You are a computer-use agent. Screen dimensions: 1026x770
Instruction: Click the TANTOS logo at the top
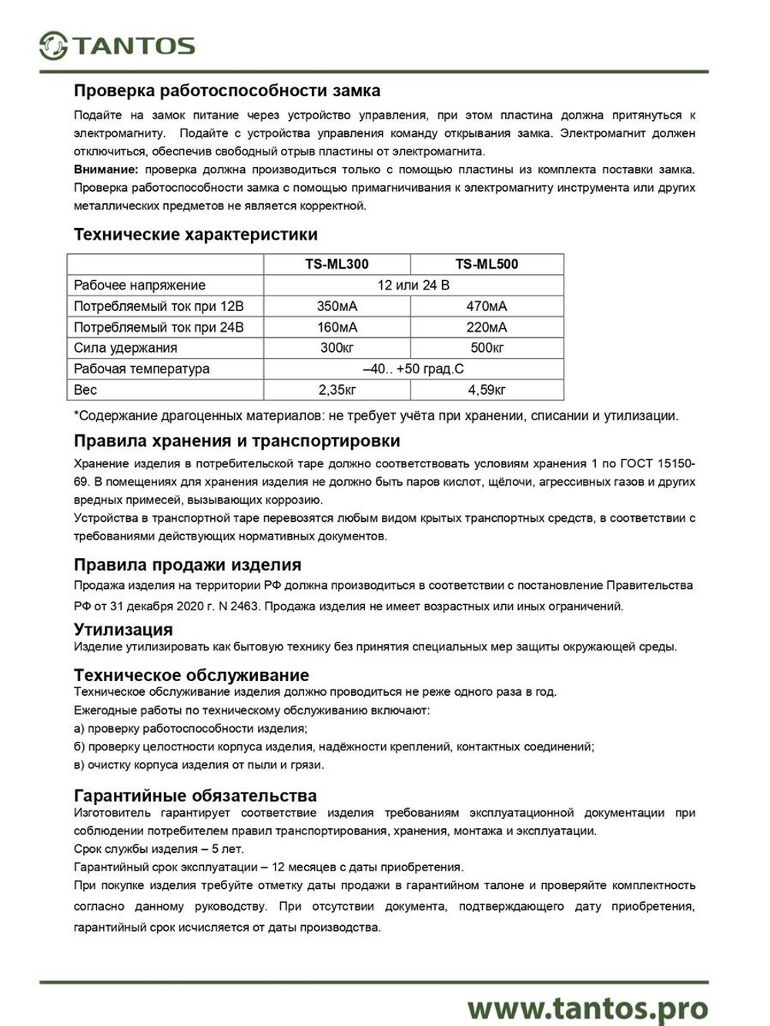point(117,45)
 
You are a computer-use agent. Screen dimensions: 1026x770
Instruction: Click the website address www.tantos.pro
point(588,1007)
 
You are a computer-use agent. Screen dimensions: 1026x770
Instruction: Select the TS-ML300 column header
point(336,264)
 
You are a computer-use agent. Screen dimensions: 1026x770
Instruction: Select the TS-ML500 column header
point(487,264)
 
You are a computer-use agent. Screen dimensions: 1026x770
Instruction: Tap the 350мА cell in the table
point(336,306)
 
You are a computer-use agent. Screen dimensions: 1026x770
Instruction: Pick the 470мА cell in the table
point(487,306)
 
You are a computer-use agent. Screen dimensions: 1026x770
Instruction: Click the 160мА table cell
point(336,327)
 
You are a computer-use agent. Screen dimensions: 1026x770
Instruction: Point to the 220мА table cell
point(487,327)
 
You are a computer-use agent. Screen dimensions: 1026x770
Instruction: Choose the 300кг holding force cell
point(336,348)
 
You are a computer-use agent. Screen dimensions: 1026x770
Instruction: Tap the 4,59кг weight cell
point(487,390)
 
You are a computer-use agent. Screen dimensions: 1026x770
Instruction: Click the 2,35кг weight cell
point(336,390)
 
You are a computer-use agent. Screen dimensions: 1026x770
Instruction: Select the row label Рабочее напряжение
point(139,286)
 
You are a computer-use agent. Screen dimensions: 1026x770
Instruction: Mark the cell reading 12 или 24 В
point(413,286)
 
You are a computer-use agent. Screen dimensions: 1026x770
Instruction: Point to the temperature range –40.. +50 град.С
point(413,369)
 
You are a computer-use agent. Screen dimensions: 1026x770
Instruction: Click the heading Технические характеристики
point(196,234)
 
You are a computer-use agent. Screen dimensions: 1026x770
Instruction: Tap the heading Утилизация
point(123,630)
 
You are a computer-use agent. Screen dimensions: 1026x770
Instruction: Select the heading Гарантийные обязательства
point(196,795)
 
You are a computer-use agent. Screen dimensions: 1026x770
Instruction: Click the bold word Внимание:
point(106,169)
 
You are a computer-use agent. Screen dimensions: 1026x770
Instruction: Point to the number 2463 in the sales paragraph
point(244,607)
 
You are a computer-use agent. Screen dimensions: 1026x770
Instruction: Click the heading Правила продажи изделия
point(187,565)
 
